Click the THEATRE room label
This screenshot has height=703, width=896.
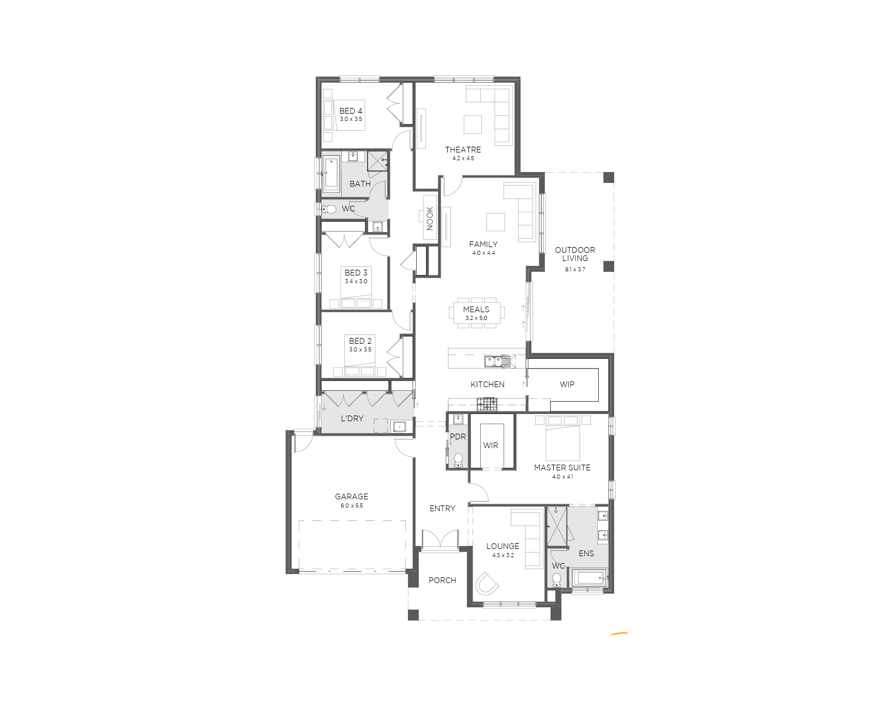pos(463,149)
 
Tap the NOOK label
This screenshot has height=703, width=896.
pos(430,218)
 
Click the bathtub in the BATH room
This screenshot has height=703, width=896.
pos(331,174)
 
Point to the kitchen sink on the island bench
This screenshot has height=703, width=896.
pos(497,361)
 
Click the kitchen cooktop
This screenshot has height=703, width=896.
pos(487,404)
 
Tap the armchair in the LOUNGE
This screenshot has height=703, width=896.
pos(487,583)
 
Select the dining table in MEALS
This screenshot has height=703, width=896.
pos(476,312)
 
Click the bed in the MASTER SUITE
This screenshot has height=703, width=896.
pos(563,438)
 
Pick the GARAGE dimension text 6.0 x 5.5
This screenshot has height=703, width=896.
pos(352,506)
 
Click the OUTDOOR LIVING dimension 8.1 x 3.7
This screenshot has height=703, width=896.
pos(575,269)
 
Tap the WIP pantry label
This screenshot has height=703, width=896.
pos(567,384)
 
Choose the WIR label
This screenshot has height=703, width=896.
pos(491,445)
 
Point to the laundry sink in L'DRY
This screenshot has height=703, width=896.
pos(399,426)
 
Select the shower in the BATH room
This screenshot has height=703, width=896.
pos(377,161)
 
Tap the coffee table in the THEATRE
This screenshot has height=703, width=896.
pos(473,125)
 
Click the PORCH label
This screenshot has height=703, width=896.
pos(442,580)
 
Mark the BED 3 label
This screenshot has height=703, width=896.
pos(356,272)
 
